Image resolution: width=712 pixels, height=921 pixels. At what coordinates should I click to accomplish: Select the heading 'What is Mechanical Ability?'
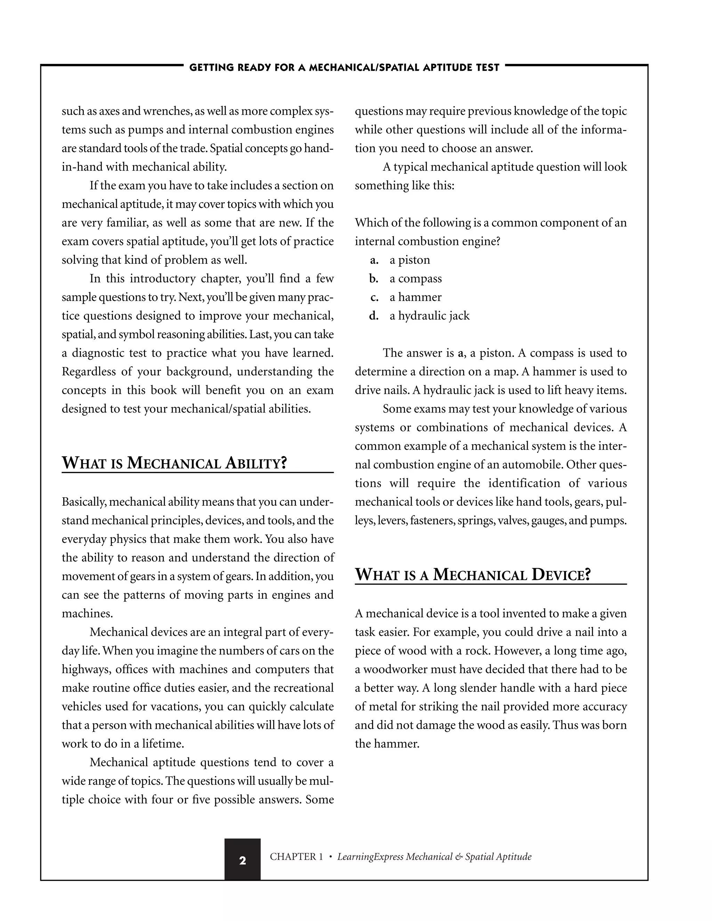coord(174,463)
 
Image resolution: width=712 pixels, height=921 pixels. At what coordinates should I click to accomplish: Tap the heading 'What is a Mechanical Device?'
coord(472,575)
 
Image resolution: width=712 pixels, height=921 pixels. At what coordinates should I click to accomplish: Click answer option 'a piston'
coord(410,260)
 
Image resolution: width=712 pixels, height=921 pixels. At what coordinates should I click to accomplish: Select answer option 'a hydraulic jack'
coord(429,316)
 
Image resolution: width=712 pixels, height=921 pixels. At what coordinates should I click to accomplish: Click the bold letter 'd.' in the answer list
coord(374,316)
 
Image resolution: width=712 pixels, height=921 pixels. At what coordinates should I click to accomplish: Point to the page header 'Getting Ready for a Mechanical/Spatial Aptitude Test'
coord(344,67)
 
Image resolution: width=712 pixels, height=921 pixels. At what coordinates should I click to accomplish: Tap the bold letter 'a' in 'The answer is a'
coord(460,353)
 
